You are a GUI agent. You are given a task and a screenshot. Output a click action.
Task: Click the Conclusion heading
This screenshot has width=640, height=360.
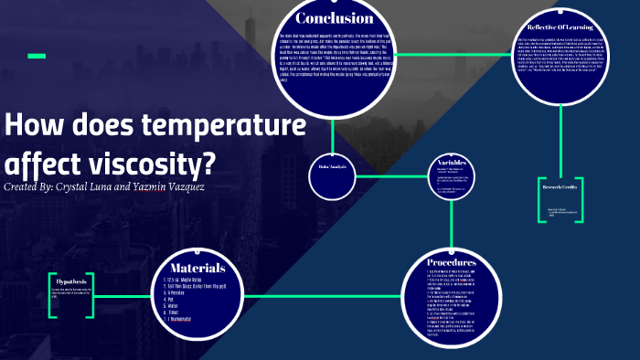coord(335,19)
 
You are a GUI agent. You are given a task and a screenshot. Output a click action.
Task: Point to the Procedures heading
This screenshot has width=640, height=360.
coord(453,264)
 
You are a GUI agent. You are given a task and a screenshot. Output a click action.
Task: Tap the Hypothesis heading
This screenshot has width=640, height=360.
coord(70,281)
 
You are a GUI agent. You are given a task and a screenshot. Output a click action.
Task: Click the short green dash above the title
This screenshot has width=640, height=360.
coord(37,57)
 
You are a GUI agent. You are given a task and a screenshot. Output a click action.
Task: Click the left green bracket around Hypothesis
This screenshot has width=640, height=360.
coord(52,292)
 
